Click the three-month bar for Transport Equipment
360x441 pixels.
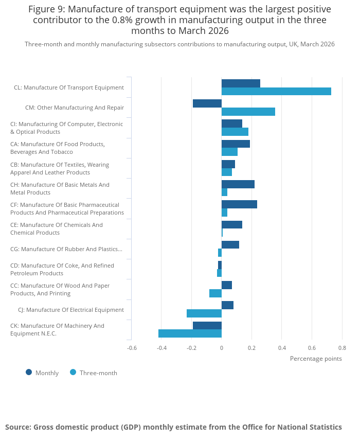(276, 92)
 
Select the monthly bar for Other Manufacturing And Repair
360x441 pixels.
(207, 103)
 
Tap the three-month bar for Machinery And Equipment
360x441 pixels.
(190, 333)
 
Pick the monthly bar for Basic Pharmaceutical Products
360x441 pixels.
(240, 204)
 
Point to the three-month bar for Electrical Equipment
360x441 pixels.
(204, 313)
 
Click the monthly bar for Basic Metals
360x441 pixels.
(238, 184)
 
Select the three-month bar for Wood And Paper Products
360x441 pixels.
(215, 293)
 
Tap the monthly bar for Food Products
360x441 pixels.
(236, 144)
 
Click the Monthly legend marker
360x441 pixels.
(29, 373)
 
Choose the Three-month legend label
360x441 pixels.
(98, 373)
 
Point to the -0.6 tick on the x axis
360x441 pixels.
(132, 348)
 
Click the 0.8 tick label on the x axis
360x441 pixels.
(343, 348)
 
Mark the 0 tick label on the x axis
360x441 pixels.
(222, 348)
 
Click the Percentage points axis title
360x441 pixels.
(316, 359)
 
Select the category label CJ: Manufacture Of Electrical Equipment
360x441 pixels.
(71, 310)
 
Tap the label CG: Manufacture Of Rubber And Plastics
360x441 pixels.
(66, 249)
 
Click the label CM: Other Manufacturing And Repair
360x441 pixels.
(75, 108)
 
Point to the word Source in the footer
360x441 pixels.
(17, 427)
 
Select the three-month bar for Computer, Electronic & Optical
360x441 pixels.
(235, 132)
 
